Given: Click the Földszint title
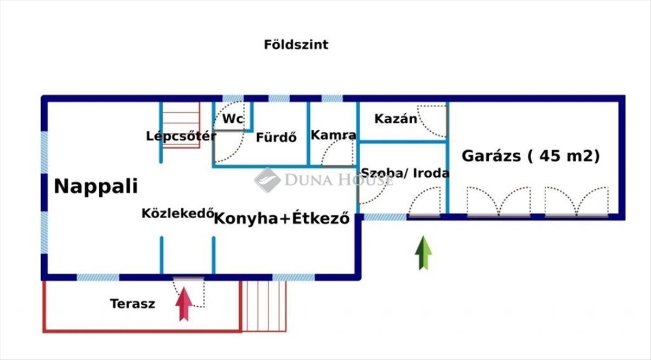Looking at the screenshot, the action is (x=296, y=44).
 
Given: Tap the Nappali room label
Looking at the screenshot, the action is (x=95, y=187).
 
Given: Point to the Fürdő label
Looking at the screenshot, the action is (x=277, y=137).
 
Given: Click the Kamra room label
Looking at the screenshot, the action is (x=333, y=135).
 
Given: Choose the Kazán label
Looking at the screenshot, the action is (x=396, y=119).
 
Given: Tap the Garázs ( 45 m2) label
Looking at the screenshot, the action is (x=531, y=156).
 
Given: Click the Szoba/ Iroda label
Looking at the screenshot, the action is (x=405, y=173).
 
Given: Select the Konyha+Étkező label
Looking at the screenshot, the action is (x=282, y=220).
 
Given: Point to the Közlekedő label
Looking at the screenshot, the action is (x=176, y=213).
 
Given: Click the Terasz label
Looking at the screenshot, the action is (x=132, y=304).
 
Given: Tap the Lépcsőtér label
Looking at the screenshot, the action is (x=181, y=136).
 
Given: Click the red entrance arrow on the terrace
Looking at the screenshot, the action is (x=184, y=304).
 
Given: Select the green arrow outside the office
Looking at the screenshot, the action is (x=423, y=253).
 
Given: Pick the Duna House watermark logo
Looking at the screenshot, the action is (x=267, y=179).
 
